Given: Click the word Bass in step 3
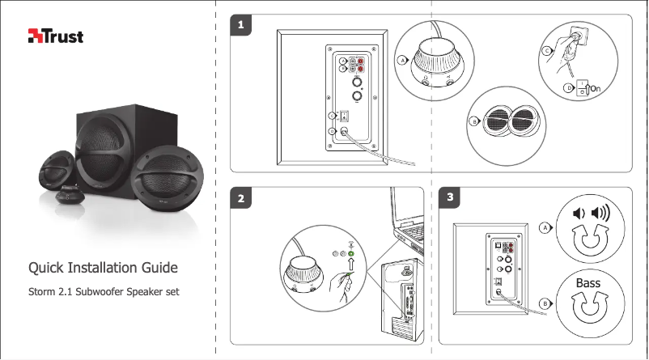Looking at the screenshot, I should (x=588, y=283).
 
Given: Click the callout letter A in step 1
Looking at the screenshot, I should (x=401, y=61).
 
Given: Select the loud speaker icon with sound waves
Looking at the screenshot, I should (x=600, y=214).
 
